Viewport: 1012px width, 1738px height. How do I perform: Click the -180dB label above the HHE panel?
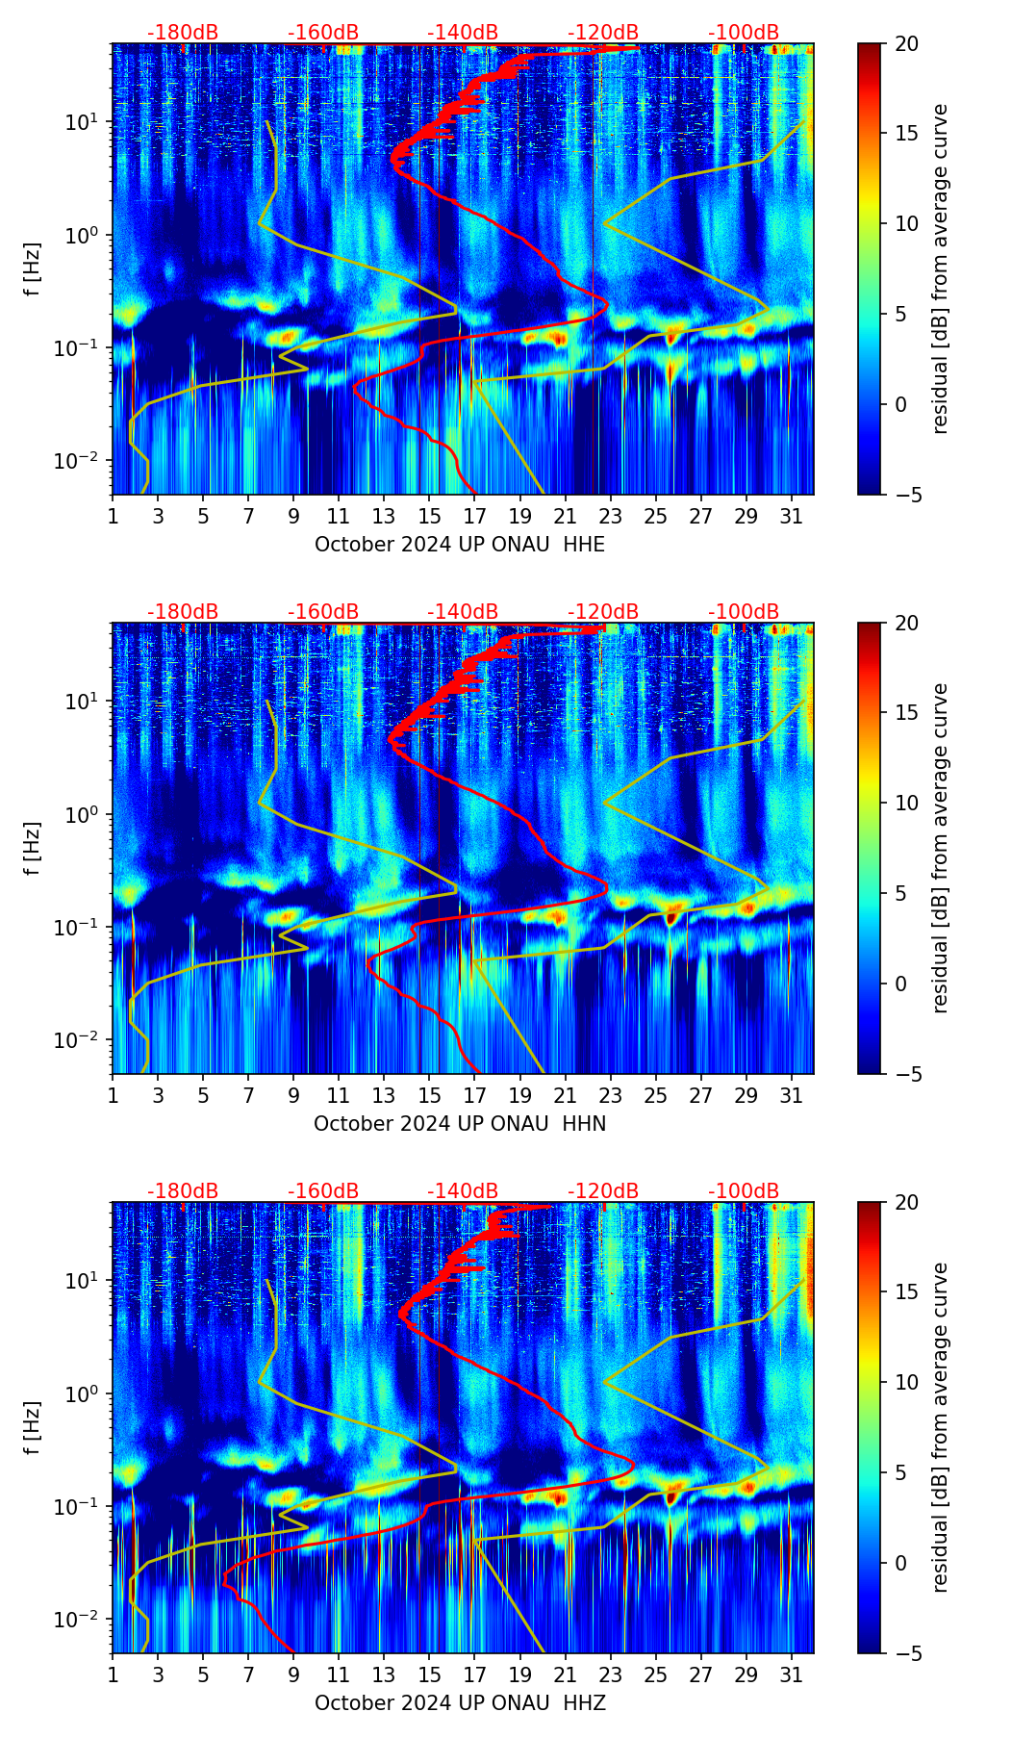[183, 33]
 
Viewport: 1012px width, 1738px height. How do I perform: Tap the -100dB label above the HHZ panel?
[744, 1191]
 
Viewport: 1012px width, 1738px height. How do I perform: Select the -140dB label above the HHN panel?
[463, 612]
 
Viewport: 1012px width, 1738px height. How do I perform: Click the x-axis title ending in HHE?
[460, 545]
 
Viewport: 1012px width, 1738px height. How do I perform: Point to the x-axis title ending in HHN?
[460, 1124]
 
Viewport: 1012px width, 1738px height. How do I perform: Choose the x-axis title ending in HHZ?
[460, 1703]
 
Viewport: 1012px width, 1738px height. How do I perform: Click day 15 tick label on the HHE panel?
[429, 516]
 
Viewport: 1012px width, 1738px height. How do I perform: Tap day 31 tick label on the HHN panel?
[791, 1095]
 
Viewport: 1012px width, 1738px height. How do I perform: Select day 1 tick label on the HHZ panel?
[113, 1674]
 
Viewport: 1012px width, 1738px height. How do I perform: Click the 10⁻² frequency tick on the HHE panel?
[84, 461]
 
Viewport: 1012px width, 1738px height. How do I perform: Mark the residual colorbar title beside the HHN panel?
[941, 848]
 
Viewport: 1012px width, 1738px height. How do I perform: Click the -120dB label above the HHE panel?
[603, 33]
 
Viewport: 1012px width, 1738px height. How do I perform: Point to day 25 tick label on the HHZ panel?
[655, 1674]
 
